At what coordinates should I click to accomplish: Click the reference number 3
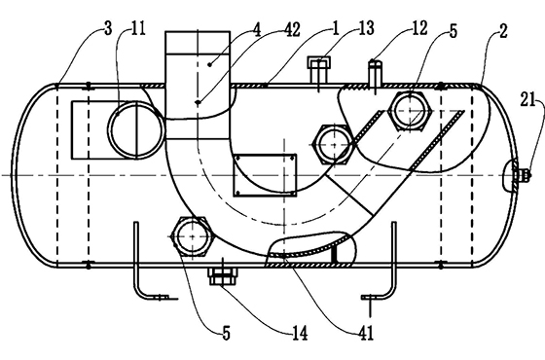point(104,32)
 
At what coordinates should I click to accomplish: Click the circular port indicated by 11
point(129,130)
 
